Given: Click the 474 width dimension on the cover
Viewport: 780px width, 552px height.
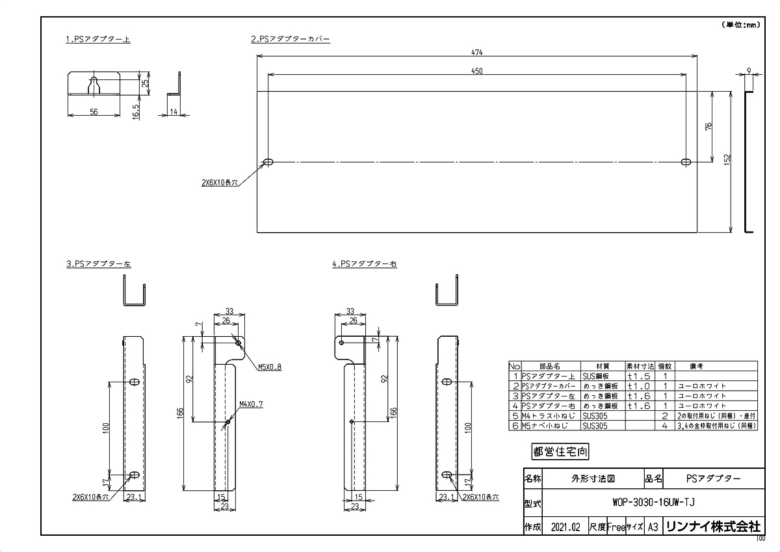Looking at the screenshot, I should (478, 52).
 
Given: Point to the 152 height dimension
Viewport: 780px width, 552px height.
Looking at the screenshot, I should (727, 159).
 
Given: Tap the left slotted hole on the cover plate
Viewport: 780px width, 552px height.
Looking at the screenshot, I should (268, 162).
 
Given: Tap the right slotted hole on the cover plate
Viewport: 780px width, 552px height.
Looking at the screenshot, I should (686, 162).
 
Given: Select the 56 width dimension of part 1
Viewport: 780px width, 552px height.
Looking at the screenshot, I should (94, 112).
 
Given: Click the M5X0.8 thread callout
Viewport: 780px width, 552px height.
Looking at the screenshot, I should (270, 367).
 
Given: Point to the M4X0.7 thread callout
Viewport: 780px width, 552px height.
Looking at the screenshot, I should (251, 404).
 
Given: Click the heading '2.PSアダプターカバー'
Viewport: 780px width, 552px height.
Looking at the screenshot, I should (290, 40).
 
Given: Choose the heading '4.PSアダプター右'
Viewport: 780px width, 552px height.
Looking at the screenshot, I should (364, 265).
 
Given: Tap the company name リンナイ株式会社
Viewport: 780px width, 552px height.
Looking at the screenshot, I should (712, 527).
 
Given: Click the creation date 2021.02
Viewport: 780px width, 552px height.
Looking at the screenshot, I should (564, 527).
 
